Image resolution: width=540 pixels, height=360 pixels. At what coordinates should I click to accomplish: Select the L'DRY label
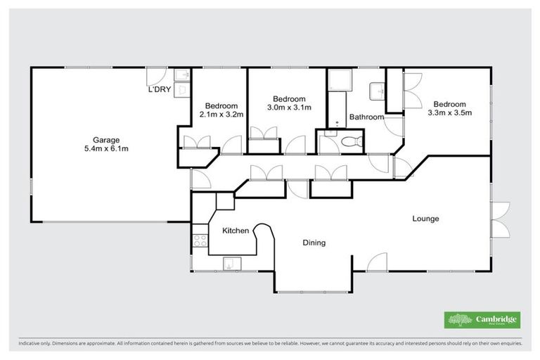pos(159,91)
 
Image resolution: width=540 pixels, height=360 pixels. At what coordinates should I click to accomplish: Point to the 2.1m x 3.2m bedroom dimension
pos(221,114)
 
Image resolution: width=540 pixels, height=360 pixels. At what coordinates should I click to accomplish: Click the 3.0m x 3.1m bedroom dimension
pos(289,107)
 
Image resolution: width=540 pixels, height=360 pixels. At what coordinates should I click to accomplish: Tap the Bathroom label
pos(366,117)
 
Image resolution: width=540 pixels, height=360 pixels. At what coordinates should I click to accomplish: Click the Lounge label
pos(425,219)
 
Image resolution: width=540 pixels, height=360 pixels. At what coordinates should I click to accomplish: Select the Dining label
pos(314,243)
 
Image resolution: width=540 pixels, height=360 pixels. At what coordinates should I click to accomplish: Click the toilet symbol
pos(347,142)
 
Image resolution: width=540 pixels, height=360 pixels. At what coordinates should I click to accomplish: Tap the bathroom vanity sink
pos(378,90)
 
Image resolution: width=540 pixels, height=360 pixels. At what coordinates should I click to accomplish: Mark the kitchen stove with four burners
pos(198,243)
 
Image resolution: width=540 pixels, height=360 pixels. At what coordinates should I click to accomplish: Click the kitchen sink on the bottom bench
pos(231,264)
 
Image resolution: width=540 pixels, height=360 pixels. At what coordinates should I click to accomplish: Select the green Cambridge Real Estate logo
pos(482,320)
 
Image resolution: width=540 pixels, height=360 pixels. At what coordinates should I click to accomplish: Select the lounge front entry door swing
pos(377,262)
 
